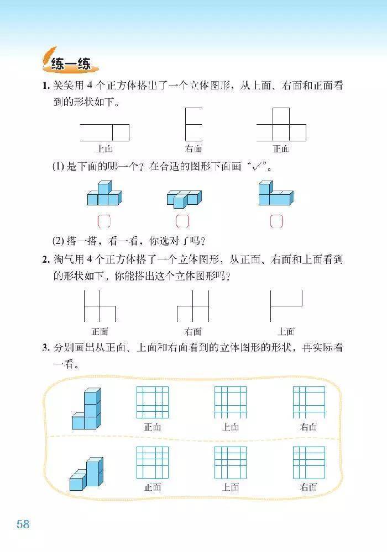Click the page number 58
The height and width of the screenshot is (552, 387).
23,524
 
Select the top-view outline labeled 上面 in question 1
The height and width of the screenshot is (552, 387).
104,132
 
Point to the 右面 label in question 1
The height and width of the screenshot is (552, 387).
193,148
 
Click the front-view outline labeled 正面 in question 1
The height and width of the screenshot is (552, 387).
281,125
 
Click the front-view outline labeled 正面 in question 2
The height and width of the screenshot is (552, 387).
100,306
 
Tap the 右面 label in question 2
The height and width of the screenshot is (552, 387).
192,332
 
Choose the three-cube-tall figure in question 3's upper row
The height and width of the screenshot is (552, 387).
87,410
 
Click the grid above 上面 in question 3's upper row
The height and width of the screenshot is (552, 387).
231,402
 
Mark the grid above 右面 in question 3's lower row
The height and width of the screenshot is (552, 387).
308,462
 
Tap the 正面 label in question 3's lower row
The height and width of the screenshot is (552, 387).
153,487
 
